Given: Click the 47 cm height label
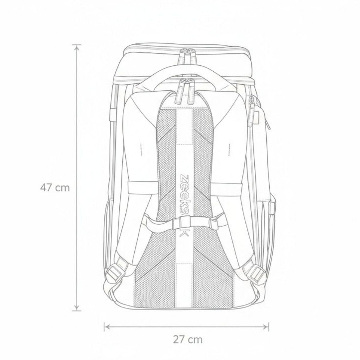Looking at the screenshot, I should pyautogui.click(x=55, y=188).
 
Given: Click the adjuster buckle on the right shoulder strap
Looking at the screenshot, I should pyautogui.click(x=257, y=274).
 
